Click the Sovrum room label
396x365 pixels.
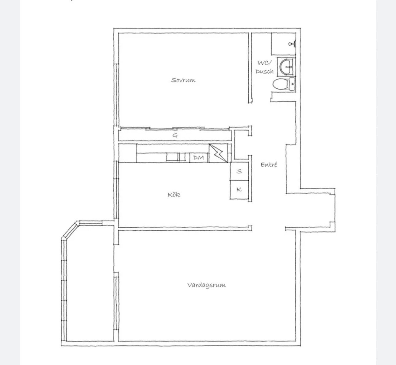click(183, 80)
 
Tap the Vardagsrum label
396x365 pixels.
click(206, 285)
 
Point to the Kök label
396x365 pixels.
click(174, 194)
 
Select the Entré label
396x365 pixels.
click(269, 165)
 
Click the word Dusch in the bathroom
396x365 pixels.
click(264, 71)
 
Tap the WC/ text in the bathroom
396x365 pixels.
click(264, 63)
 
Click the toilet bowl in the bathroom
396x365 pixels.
click(280, 84)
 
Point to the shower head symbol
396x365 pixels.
click(292, 44)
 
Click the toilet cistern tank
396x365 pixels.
click(292, 84)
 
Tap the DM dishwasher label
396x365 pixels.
click(199, 158)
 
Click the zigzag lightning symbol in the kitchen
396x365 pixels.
click(218, 153)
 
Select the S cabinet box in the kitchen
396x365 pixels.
click(239, 171)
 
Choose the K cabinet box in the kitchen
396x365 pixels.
click(239, 190)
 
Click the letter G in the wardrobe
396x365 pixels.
click(175, 136)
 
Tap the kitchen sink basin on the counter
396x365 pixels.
click(173, 157)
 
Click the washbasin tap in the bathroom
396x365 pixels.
click(289, 67)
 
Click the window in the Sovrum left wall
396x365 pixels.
click(116, 95)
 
